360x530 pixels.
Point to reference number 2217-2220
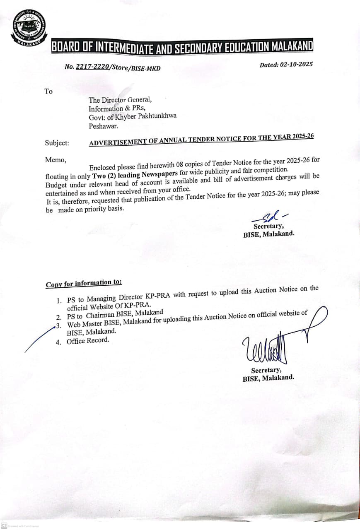[92, 67]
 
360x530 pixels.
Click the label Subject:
[57, 143]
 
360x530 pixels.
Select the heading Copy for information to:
[84, 283]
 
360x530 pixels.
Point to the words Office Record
[88, 341]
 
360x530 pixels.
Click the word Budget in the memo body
[56, 184]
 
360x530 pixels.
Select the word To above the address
[48, 91]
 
